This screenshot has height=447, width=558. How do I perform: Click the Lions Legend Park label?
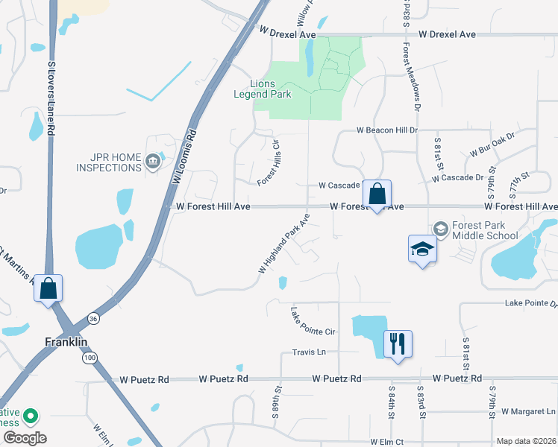click(x=273, y=89)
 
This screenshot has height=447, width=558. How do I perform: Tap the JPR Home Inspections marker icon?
click(x=153, y=160)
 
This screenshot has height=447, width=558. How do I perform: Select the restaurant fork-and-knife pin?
click(x=396, y=344)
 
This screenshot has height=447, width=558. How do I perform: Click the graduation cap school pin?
click(x=421, y=250)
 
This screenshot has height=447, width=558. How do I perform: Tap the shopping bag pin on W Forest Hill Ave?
click(x=377, y=194)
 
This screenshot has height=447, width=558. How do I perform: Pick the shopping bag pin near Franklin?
click(x=48, y=288)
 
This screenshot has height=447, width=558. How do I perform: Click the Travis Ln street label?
click(x=310, y=352)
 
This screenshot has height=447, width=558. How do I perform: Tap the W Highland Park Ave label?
click(x=284, y=244)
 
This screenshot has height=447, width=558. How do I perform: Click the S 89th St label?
click(x=278, y=399)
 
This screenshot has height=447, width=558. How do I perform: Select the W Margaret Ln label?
click(x=529, y=411)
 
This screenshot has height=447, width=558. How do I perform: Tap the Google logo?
click(x=25, y=438)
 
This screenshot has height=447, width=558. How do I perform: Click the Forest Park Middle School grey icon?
click(x=441, y=229)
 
